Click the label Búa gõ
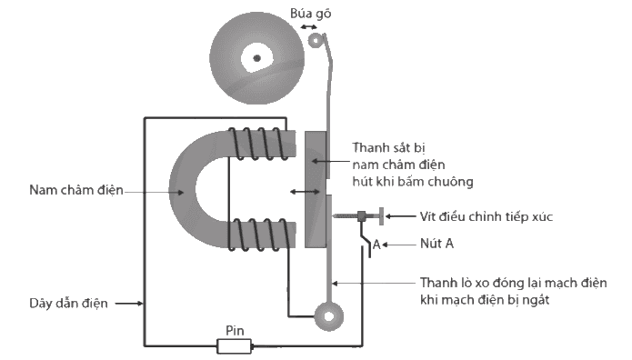310,14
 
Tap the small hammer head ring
316,39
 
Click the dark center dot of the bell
256,58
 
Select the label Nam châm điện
76,189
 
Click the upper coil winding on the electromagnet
258,144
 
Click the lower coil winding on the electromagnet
258,235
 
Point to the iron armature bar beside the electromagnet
316,189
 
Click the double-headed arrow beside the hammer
309,27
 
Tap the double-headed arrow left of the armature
306,193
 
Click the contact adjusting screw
358,216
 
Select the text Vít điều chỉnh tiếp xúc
487,216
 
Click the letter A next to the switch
376,245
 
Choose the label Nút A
436,244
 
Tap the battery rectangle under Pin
235,345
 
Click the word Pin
235,331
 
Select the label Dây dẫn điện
68,303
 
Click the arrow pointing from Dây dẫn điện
129,303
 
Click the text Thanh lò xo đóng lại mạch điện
514,283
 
